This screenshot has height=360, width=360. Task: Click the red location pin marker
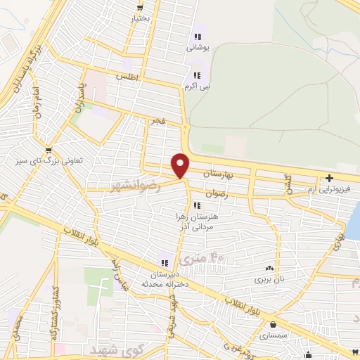181,165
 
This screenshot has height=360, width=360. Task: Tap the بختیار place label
141,18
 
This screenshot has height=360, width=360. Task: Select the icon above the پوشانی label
198,37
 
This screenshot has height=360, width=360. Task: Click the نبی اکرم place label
196,86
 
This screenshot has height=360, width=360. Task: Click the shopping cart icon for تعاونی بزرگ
48,150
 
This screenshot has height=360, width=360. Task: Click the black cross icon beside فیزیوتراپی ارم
329,177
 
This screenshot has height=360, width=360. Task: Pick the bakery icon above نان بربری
269,268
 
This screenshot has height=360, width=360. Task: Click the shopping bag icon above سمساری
273,324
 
